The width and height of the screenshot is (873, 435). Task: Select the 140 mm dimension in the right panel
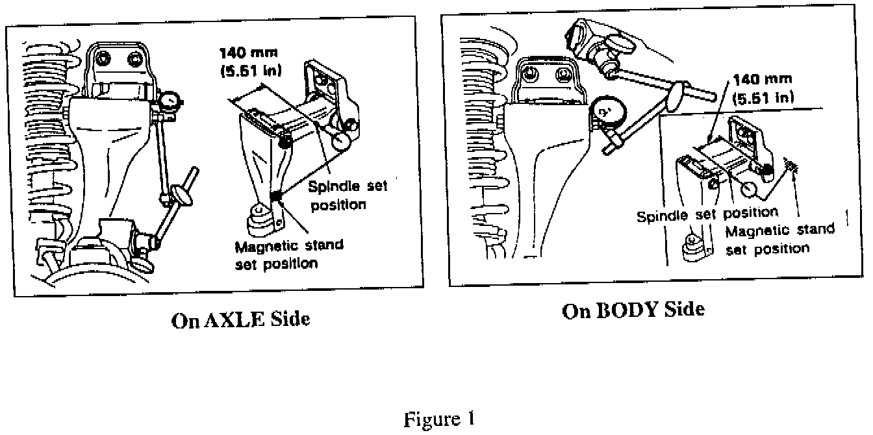762,79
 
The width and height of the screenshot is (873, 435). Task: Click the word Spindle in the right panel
661,215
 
